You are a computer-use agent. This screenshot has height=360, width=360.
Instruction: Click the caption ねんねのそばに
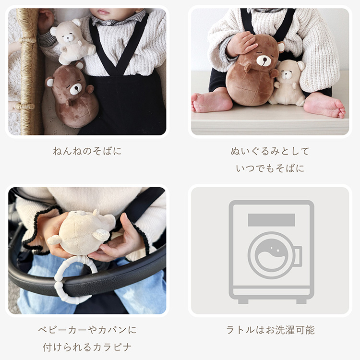pyautogui.click(x=87, y=151)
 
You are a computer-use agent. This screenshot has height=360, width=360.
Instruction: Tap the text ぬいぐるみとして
pyautogui.click(x=270, y=151)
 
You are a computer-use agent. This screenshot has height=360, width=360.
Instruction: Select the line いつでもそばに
pyautogui.click(x=270, y=168)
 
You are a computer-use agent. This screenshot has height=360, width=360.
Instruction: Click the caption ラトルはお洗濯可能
pyautogui.click(x=270, y=330)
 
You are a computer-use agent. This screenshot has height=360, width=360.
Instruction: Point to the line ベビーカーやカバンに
pyautogui.click(x=87, y=330)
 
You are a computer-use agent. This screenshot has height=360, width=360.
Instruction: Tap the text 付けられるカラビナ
pyautogui.click(x=87, y=347)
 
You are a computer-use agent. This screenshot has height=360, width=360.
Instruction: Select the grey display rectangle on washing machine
pyautogui.click(x=271, y=220)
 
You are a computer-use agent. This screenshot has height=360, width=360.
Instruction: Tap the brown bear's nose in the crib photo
pyautogui.click(x=77, y=87)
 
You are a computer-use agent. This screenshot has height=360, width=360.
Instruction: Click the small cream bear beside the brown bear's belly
pyautogui.click(x=287, y=83)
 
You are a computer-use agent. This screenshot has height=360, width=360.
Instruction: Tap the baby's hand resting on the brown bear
pyautogui.click(x=241, y=44)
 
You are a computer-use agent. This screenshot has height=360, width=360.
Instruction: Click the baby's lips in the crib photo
pyautogui.click(x=104, y=12)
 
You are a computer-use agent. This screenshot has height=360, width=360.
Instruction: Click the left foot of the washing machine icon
pyautogui.click(x=243, y=301)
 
